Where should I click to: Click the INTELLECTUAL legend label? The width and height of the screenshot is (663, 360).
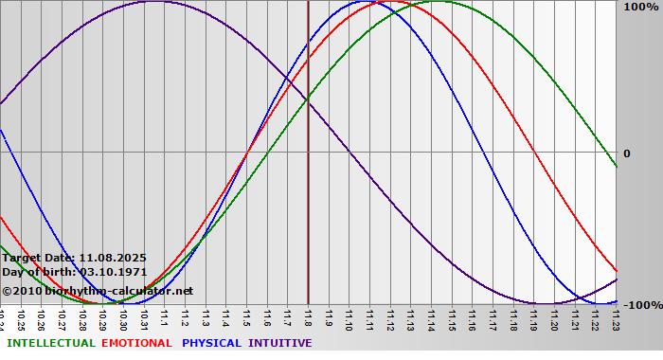tap(51, 343)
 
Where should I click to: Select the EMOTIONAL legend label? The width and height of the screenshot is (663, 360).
tap(136, 343)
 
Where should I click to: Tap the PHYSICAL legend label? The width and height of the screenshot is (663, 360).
tap(211, 343)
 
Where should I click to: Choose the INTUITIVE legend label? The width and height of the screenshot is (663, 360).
tap(280, 343)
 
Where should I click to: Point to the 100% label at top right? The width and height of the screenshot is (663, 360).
tap(639, 8)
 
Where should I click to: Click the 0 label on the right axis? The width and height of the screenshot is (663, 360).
tap(626, 153)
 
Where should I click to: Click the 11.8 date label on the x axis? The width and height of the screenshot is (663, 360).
tap(308, 315)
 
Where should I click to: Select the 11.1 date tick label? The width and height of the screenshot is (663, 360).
tap(165, 315)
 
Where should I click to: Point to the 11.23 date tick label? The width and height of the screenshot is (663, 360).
tap(617, 317)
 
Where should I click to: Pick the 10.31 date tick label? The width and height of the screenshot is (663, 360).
tap(144, 317)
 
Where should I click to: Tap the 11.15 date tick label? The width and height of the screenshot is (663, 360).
tap(452, 317)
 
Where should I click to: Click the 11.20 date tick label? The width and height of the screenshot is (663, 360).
tap(555, 317)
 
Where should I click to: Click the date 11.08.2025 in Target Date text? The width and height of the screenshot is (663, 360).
tap(113, 258)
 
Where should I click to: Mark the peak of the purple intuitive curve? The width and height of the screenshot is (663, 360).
tap(154, 2)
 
